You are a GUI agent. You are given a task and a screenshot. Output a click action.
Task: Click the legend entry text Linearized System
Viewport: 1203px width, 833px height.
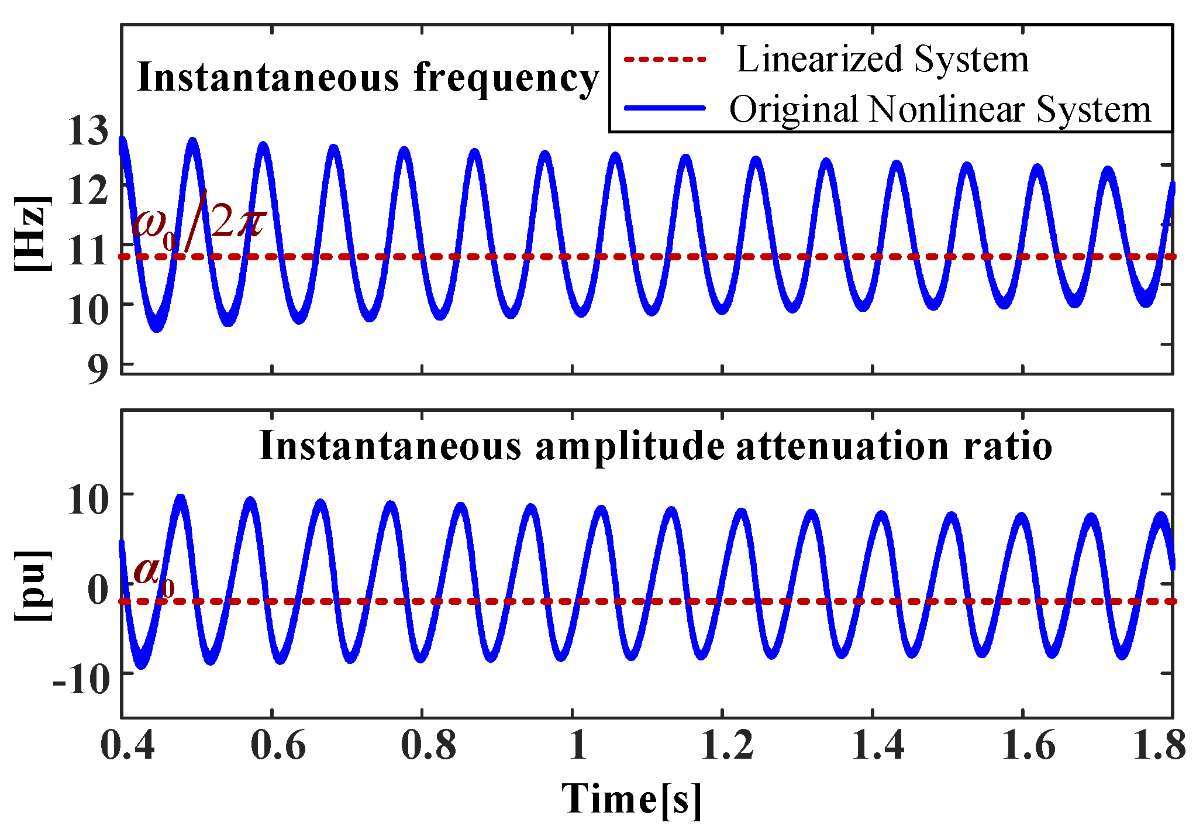pos(882,59)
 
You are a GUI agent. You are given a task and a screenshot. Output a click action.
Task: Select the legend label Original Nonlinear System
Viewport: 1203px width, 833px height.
pos(940,109)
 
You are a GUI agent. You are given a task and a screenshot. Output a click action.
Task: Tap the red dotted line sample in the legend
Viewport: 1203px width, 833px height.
pos(665,59)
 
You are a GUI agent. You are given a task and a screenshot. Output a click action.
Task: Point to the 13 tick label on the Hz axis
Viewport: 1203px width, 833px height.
pos(88,130)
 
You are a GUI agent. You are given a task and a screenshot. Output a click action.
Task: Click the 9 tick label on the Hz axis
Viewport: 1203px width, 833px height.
pos(98,369)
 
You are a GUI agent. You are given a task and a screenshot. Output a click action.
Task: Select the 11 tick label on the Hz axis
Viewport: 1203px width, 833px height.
pos(88,250)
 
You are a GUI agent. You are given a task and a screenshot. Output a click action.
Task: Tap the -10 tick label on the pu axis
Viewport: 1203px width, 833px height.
pos(81,679)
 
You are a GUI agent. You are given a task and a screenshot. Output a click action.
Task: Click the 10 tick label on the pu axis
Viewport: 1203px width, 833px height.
pos(88,501)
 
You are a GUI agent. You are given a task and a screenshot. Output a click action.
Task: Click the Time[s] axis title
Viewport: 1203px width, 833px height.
pos(631,799)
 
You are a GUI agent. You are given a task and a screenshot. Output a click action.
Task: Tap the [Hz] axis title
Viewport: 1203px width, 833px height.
pos(33,233)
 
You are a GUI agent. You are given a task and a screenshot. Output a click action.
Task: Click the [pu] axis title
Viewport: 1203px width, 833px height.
pos(33,585)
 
